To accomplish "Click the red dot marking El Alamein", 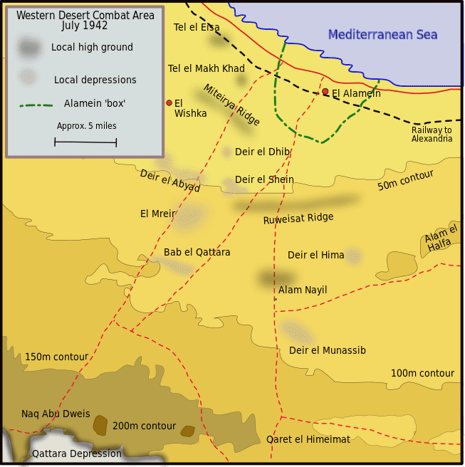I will (325, 91).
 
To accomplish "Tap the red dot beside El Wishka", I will (169, 103).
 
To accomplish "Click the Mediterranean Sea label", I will (382, 35).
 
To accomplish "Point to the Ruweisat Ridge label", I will (298, 219).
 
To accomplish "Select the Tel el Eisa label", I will (197, 28).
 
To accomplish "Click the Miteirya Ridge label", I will (231, 105).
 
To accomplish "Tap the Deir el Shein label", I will (264, 179).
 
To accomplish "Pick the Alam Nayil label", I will (303, 290).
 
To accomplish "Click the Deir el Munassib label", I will (327, 350).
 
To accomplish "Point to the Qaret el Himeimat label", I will (308, 439).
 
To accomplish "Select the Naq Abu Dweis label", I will (56, 414).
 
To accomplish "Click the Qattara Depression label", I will (77, 453).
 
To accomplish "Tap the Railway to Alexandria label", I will (432, 134).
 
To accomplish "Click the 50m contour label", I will (405, 181).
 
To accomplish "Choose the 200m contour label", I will (144, 426).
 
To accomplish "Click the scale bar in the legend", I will (85, 142).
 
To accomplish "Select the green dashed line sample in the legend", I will (36, 105).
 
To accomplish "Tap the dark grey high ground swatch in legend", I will (29, 48).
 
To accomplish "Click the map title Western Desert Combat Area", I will (85, 20).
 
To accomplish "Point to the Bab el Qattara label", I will (197, 252).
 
